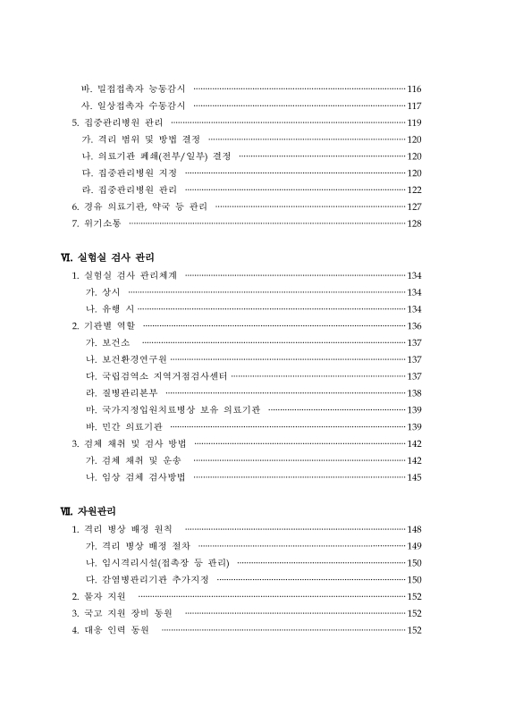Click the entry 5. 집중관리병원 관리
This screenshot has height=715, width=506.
117,122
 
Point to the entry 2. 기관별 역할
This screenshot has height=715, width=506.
104,325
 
